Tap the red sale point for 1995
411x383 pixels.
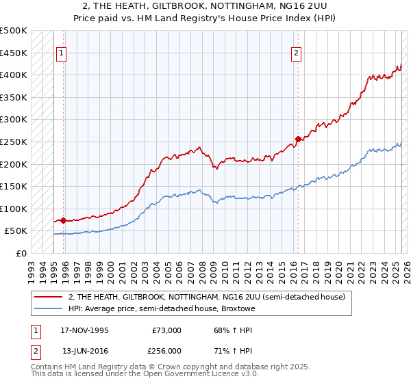(63, 220)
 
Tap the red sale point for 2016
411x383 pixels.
(298, 140)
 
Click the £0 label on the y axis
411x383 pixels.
(21, 253)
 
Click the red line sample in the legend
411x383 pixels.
(49, 296)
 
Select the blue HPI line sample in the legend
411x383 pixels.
(49, 309)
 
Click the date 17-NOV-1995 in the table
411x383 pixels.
(84, 330)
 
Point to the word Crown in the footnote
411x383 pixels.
(155, 368)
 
